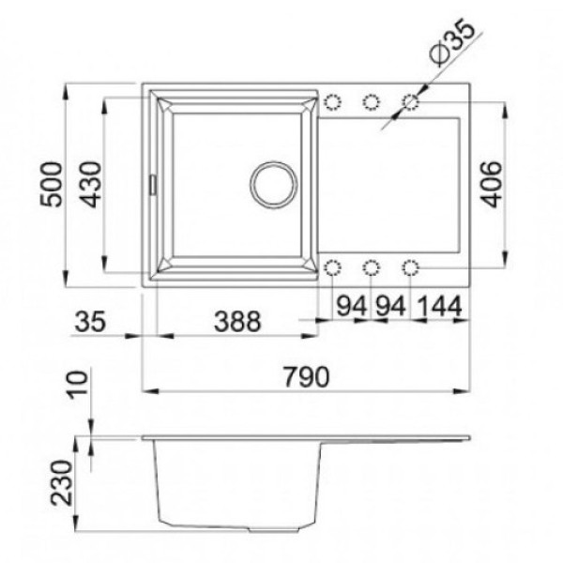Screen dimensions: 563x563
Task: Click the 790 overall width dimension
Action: [306, 376]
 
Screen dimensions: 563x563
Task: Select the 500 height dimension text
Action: [51, 185]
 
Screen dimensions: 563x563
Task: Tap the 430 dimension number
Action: [90, 185]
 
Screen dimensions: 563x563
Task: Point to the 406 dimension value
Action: [491, 185]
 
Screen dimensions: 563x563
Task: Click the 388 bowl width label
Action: [237, 321]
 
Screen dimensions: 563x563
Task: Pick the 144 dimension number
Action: [440, 306]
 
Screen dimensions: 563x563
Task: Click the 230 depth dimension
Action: [62, 482]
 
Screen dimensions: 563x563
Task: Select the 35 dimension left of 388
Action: [90, 321]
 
